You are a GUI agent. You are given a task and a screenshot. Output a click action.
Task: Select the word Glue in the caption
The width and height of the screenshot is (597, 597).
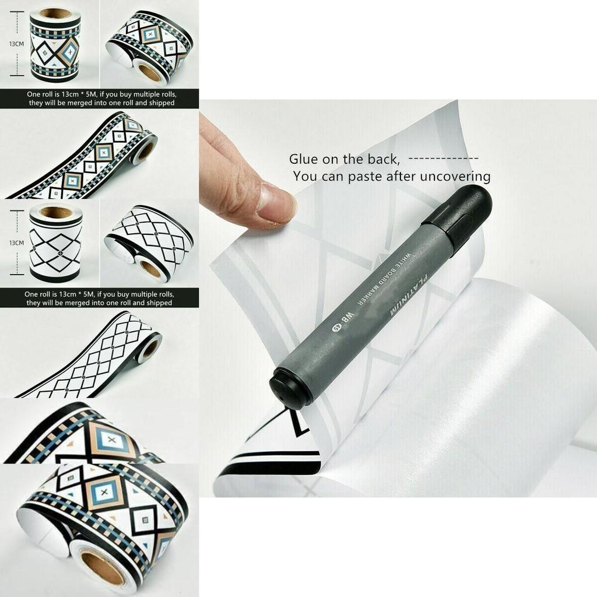click(x=304, y=159)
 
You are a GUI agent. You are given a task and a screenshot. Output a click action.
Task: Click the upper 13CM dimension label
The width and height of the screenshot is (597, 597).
click(x=16, y=44)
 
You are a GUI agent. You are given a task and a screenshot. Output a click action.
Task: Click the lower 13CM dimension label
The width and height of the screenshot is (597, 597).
click(x=16, y=243)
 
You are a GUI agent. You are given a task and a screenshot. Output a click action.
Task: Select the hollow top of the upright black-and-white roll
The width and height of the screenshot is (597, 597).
click(x=56, y=212)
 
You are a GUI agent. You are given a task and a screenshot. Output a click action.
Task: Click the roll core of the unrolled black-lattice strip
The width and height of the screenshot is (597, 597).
click(x=150, y=349)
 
